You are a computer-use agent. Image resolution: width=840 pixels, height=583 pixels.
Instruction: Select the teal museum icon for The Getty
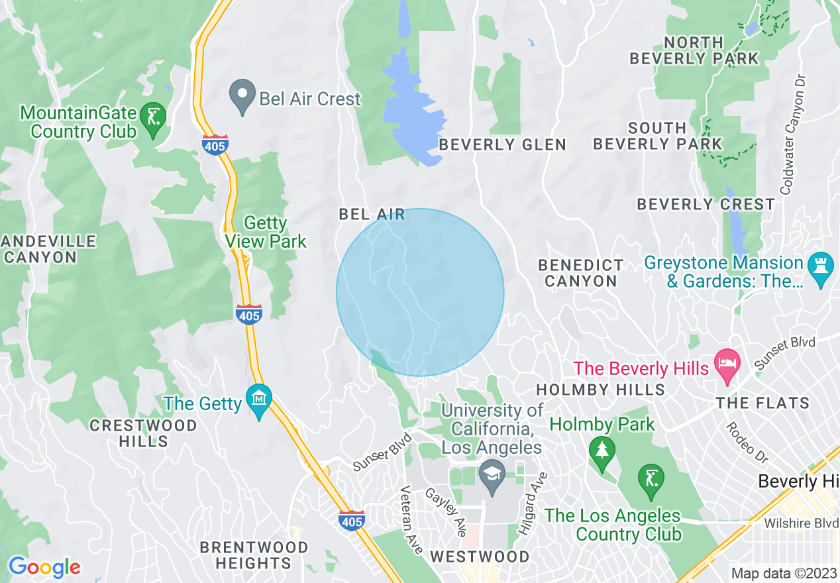258,399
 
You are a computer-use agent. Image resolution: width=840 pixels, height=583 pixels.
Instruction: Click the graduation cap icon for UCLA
492,476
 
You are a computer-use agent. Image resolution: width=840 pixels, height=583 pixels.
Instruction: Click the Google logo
44,567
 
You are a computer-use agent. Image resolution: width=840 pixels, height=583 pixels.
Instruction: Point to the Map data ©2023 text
782,573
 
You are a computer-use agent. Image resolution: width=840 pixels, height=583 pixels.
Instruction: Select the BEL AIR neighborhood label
372,214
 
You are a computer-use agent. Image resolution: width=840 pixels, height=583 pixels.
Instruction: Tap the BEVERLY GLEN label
503,144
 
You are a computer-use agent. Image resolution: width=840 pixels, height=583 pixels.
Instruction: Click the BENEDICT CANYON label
581,273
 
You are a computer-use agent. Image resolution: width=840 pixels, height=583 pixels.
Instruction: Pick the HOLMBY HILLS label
600,390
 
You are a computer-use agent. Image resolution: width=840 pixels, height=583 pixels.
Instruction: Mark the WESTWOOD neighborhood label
480,556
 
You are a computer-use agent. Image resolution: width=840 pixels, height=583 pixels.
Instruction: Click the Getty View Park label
266,232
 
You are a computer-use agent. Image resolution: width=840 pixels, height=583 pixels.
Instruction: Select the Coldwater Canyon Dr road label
794,133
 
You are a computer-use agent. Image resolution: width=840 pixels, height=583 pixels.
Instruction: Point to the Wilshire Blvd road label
801,523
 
